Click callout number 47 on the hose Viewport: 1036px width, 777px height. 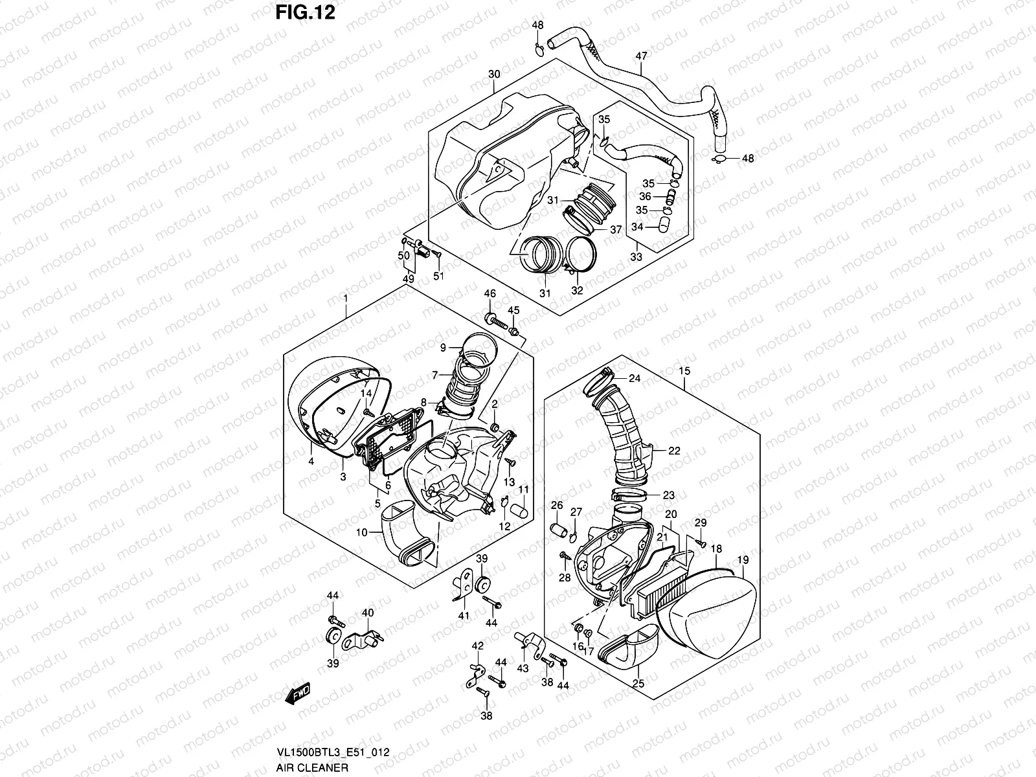pyautogui.click(x=641, y=56)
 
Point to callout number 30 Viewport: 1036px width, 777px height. pyautogui.click(x=494, y=74)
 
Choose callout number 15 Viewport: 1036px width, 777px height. pyautogui.click(x=684, y=371)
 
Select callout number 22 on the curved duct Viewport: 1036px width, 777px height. pyautogui.click(x=674, y=451)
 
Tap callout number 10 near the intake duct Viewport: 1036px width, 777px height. pyautogui.click(x=361, y=532)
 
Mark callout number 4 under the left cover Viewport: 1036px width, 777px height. pyautogui.click(x=311, y=461)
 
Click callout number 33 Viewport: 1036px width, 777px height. pyautogui.click(x=636, y=257)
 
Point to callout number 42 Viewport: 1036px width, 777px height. pyautogui.click(x=477, y=646)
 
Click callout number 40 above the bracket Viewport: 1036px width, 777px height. pyautogui.click(x=367, y=613)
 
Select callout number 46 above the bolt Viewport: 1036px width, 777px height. pyautogui.click(x=490, y=294)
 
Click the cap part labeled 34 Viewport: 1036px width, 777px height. pyautogui.click(x=661, y=225)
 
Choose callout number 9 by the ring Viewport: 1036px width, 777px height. pyautogui.click(x=444, y=348)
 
